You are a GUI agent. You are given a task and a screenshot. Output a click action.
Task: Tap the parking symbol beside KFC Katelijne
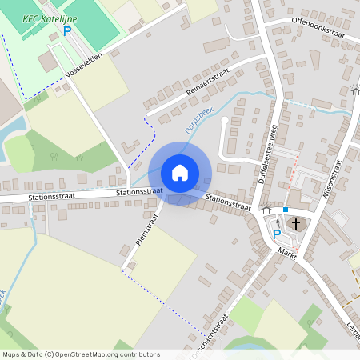click(67, 31)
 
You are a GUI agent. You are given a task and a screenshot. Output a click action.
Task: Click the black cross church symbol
click(296, 223)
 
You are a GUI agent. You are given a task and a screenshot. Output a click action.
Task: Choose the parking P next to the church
click(277, 234)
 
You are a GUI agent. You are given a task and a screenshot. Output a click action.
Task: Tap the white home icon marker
click(180, 173)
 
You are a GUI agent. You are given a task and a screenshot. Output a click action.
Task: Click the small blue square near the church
click(285, 210)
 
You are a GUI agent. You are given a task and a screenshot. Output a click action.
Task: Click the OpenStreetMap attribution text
click(80, 354)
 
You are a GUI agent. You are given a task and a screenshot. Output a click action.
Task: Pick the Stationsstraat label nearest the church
click(228, 202)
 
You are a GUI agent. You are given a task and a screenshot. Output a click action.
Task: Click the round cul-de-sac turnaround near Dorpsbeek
click(225, 121)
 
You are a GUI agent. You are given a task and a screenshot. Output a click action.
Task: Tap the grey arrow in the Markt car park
click(278, 222)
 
